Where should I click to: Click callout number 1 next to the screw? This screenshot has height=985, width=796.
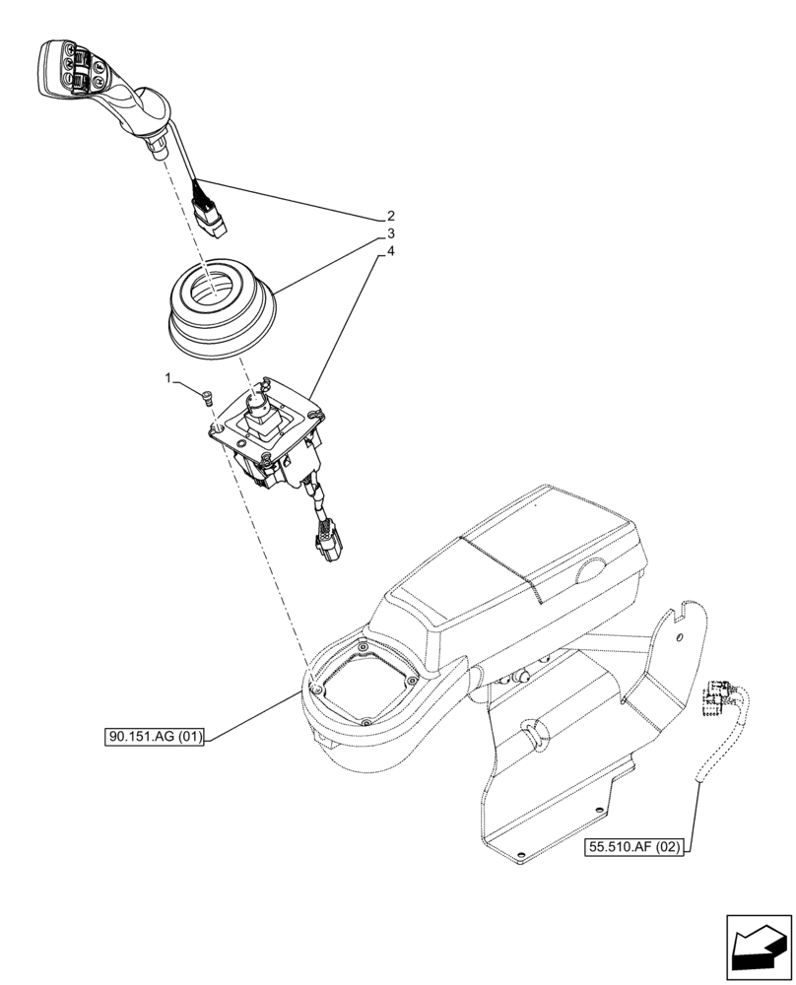point(168,377)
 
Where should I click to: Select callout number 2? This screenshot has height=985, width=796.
point(391,216)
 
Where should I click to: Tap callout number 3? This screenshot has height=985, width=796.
point(391,233)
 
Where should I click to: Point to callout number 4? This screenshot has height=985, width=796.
point(391,252)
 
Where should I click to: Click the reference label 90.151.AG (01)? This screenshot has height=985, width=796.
point(153,737)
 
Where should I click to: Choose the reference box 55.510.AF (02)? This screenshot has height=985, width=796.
point(638,845)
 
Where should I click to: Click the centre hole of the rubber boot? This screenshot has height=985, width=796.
point(213,288)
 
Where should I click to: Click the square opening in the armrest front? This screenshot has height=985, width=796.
point(359,686)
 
